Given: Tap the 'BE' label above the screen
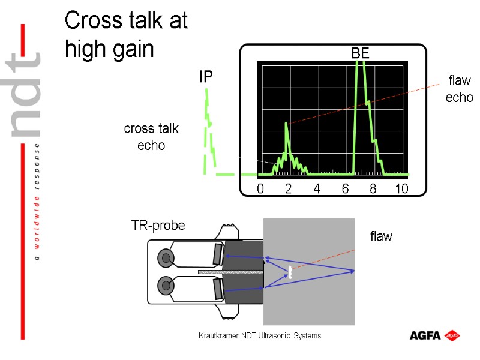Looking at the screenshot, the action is [360, 54].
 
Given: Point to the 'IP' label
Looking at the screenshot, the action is [206, 77].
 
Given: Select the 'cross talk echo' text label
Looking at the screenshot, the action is [151, 137].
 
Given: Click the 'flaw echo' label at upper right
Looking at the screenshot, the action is [459, 88].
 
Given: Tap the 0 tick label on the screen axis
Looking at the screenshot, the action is [260, 189].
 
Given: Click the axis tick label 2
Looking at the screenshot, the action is [288, 189].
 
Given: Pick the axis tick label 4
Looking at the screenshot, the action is [317, 189].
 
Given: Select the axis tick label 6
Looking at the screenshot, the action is [345, 189].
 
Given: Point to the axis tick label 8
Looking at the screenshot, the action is [373, 189].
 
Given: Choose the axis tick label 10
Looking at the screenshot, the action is [401, 189].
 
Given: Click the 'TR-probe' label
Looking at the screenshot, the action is [158, 226].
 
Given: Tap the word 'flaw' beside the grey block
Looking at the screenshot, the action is [381, 236].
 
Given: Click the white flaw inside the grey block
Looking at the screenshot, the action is [290, 272].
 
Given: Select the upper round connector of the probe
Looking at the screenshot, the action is [166, 258].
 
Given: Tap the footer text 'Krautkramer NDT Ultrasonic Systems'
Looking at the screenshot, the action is [260, 335].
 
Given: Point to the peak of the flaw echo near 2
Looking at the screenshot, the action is [286, 124].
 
